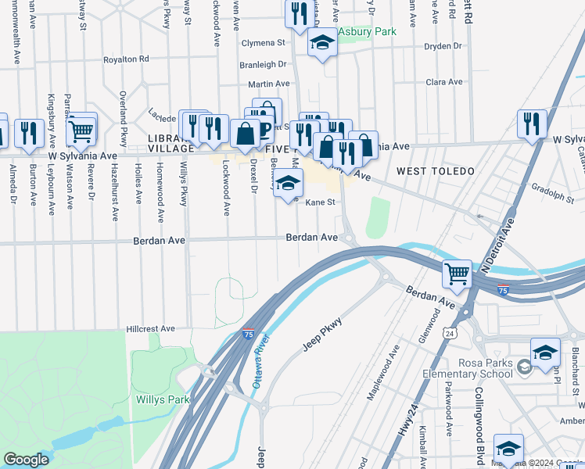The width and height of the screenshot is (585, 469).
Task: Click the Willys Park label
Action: coord(163,399)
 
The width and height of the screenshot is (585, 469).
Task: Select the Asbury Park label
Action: coord(366,32)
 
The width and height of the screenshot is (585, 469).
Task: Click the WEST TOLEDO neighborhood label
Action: coord(436,170)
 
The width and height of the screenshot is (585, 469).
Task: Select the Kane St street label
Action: coord(320,202)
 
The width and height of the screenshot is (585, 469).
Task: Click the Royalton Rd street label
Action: coord(127,59)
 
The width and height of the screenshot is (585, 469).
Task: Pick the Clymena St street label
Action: coord(263,42)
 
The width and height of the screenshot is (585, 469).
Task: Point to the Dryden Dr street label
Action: coord(443,47)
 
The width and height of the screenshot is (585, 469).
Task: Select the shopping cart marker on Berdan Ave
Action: coord(458,274)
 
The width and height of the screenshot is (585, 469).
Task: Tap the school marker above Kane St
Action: coord(289,184)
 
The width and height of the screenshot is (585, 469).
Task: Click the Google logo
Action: coord(27,460)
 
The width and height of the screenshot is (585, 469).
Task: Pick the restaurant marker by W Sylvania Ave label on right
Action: coord(532,124)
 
